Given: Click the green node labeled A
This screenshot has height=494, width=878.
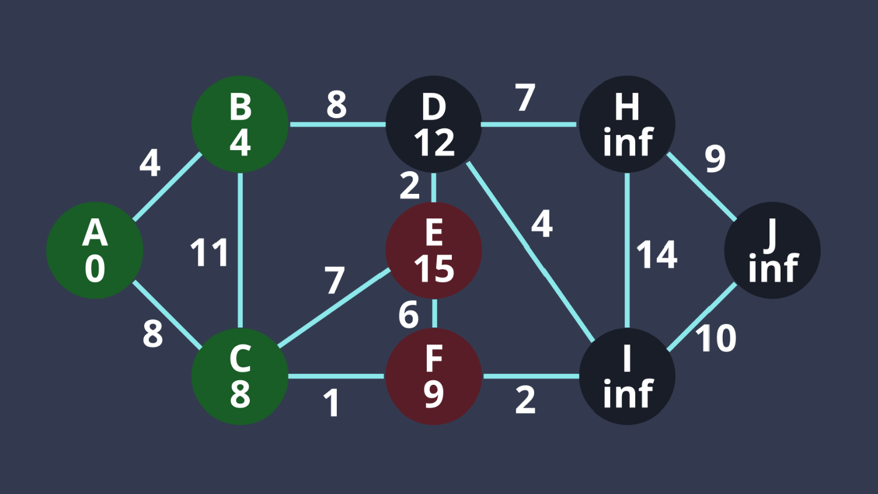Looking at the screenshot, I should click(95, 251).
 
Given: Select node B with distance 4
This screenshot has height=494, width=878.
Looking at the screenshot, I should click(240, 124).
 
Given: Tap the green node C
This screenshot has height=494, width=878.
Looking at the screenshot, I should click(240, 377).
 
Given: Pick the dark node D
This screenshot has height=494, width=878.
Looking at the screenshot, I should click(434, 124).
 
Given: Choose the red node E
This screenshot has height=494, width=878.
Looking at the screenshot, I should click(434, 251).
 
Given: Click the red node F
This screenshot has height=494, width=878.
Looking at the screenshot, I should click(434, 377).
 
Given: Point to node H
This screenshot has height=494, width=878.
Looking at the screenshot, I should click(627, 124).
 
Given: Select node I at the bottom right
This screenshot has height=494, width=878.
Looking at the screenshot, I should click(627, 377).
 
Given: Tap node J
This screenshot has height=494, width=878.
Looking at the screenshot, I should click(772, 251).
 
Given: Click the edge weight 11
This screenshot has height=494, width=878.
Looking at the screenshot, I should click(209, 253).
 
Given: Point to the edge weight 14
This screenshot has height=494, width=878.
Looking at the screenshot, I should click(657, 255).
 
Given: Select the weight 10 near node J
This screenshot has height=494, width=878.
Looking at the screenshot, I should click(716, 338).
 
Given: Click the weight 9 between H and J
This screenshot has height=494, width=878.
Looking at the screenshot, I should click(715, 158).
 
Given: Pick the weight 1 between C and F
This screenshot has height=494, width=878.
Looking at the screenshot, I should click(332, 403).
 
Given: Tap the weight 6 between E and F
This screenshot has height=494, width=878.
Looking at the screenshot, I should click(409, 315).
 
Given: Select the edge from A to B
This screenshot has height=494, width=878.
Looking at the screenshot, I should click(168, 187).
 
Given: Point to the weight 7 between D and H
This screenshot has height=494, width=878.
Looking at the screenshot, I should click(525, 98).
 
